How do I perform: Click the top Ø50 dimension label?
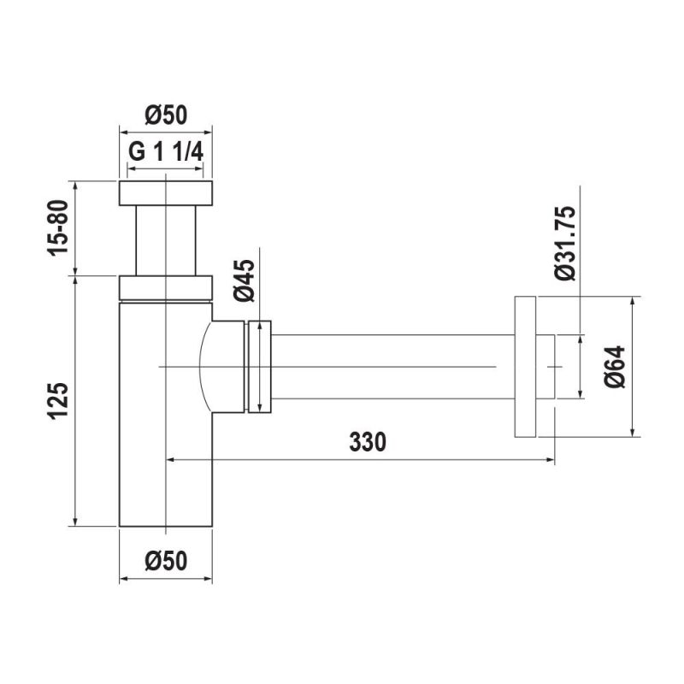point(166,115)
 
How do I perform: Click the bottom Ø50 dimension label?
point(166,561)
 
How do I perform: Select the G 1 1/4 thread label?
point(166,152)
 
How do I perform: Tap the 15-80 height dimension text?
point(58,227)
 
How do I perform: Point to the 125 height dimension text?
point(58,401)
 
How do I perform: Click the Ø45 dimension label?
point(244,280)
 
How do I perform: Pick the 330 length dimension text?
point(368,442)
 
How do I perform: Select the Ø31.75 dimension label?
point(566,243)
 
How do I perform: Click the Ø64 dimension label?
point(615,367)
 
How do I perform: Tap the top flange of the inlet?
point(166,193)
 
